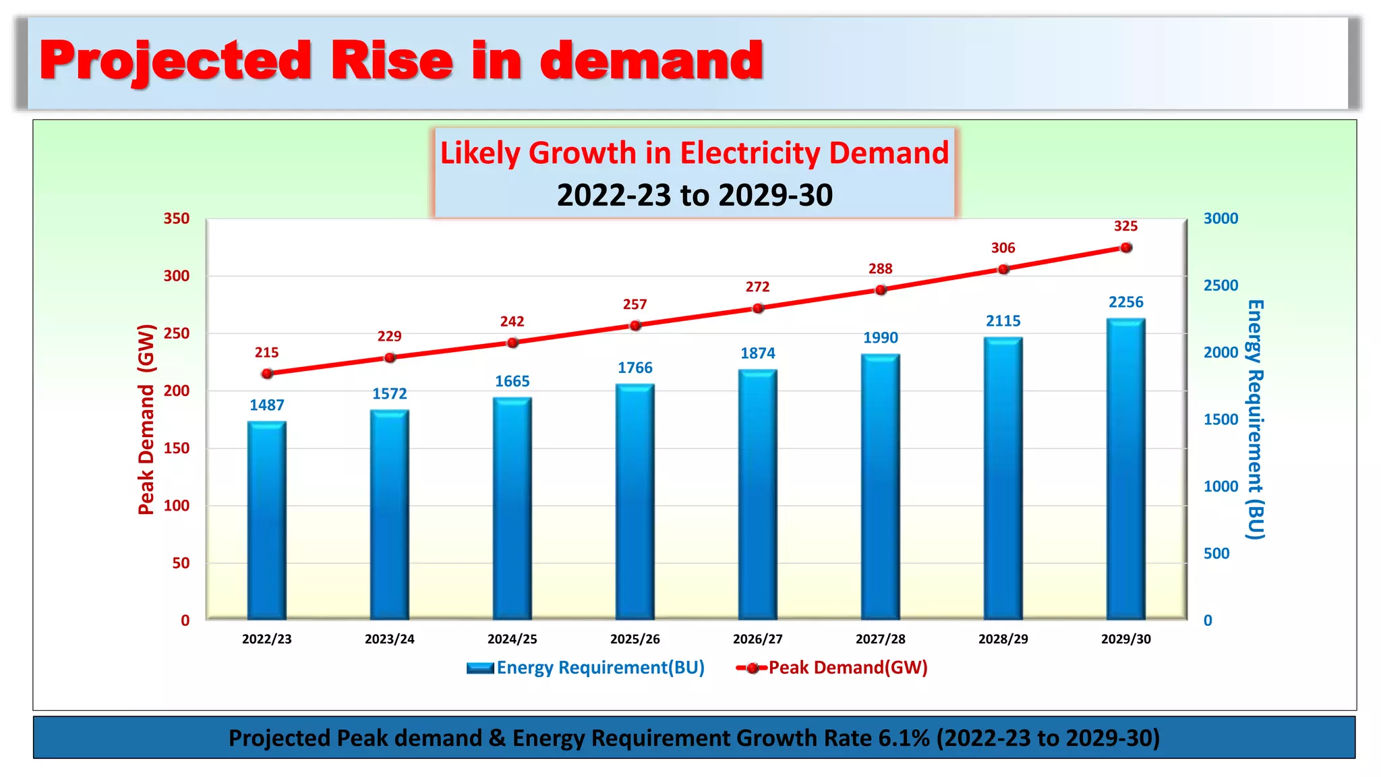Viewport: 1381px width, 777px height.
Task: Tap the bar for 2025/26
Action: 635,502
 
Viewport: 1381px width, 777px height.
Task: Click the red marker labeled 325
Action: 1125,248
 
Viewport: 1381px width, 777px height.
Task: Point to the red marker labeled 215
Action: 267,373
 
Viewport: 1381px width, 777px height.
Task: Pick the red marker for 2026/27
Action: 758,308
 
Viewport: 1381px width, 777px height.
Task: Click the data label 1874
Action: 758,353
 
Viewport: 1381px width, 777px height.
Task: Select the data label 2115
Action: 1003,321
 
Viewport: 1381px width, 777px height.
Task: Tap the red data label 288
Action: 880,269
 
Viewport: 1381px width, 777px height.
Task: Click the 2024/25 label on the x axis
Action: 512,639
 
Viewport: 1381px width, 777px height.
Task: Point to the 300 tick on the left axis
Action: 177,276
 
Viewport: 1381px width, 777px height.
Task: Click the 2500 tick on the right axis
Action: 1221,285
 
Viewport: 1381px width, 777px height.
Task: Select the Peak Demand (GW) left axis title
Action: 146,420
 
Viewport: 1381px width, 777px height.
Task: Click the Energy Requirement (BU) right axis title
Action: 1254,420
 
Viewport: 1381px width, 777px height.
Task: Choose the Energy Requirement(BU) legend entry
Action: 585,668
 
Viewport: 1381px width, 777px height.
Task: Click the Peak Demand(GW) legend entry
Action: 833,668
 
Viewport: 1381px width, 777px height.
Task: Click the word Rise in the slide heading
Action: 391,61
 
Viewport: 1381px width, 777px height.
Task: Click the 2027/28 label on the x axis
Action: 880,639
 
